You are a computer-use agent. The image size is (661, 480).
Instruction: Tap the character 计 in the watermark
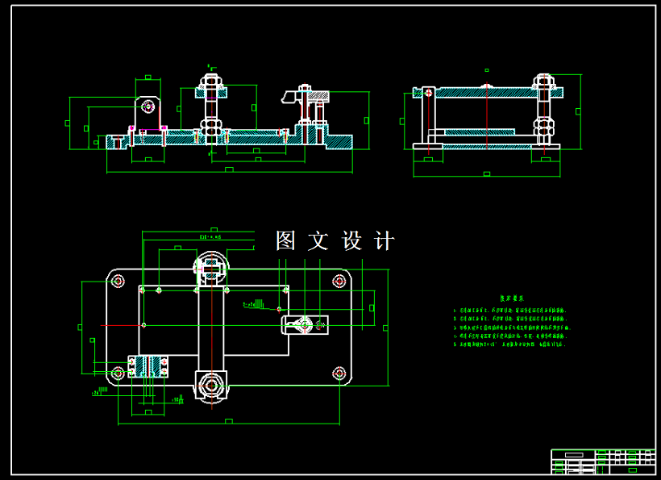[x=385, y=240]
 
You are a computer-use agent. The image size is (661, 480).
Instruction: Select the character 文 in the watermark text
[x=318, y=240]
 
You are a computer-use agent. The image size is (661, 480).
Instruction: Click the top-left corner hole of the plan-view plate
[x=118, y=281]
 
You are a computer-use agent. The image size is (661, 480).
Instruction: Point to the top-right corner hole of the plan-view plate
[x=339, y=281]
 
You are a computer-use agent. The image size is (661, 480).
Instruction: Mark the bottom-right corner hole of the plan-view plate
[x=339, y=372]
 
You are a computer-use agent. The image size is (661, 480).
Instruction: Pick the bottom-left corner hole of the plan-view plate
[x=118, y=372]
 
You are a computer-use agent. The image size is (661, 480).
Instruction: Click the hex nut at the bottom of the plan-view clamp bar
[x=211, y=385]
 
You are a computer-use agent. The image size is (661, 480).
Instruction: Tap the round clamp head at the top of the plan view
[x=211, y=265]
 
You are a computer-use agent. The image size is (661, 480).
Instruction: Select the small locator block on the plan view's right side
[x=304, y=325]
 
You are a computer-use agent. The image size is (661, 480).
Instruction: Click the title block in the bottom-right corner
[x=602, y=461]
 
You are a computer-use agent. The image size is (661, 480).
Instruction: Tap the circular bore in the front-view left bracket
[x=147, y=106]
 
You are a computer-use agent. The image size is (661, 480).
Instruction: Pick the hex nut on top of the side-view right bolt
[x=544, y=82]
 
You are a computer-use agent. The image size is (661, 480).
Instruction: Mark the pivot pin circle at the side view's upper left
[x=426, y=92]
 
